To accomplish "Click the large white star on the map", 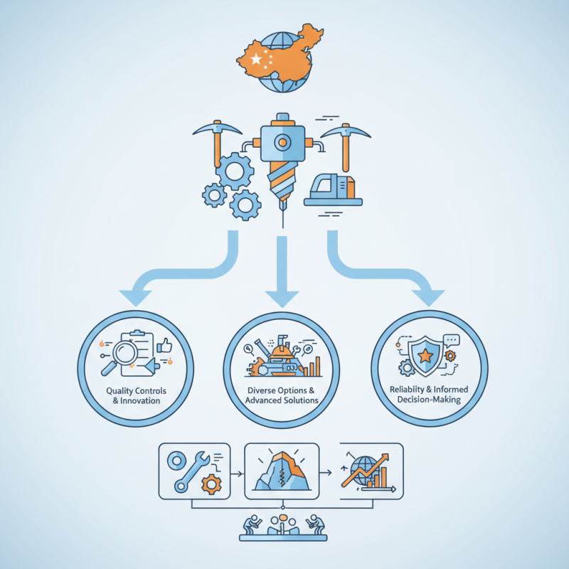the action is click(x=257, y=59).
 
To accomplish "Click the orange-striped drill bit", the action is click(x=282, y=181).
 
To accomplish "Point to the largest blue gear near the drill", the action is click(x=235, y=171).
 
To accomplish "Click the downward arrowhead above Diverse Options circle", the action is click(x=282, y=298).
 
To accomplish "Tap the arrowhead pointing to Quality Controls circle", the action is click(x=135, y=297).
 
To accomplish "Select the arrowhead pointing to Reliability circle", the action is click(x=428, y=297).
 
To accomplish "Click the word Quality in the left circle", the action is click(x=120, y=390).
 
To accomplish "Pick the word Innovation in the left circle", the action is click(x=140, y=400).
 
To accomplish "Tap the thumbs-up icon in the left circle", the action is click(x=164, y=346).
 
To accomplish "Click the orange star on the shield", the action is click(x=425, y=356).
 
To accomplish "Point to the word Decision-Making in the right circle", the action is click(x=429, y=400).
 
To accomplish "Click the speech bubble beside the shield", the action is click(x=452, y=341).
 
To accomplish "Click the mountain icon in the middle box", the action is click(x=282, y=471).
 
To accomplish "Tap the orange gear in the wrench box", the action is click(x=211, y=484).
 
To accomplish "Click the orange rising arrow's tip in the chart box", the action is click(x=388, y=454).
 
